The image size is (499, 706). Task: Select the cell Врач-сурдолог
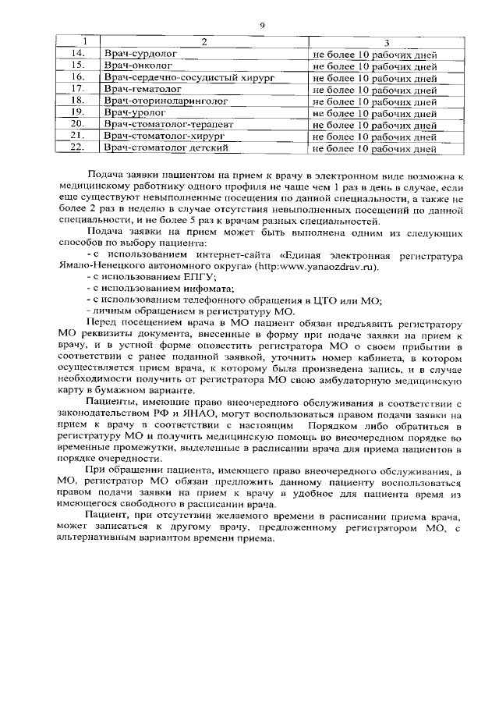pos(140,54)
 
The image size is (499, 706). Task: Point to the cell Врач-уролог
pos(134,112)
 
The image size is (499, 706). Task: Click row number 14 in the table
pos(77,54)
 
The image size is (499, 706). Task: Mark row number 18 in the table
pos(77,101)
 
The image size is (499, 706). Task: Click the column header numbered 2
pos(203,42)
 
